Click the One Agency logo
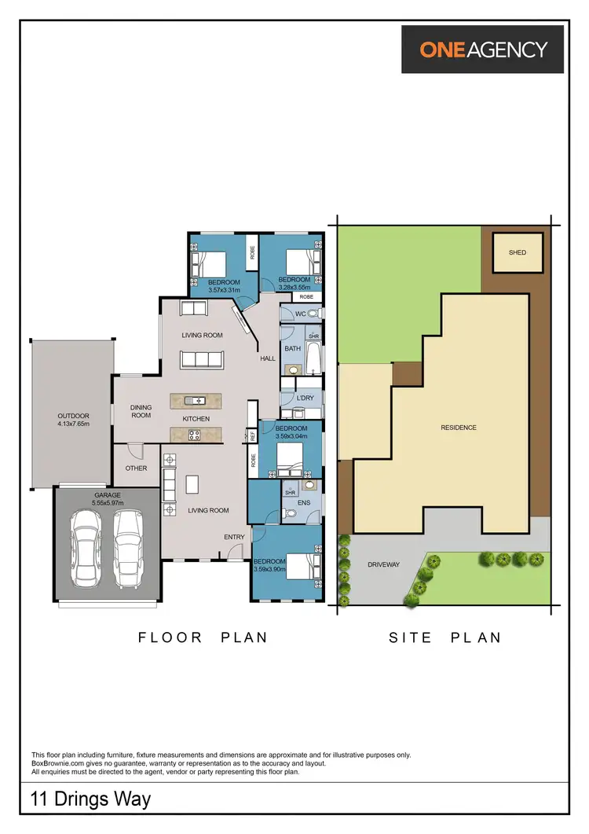[483, 49]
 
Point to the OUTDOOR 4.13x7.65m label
[73, 420]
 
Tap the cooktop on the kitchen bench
[192, 433]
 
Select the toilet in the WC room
[312, 314]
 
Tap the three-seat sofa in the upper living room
[202, 360]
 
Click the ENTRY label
[234, 537]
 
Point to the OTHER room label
[136, 468]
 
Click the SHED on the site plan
[517, 252]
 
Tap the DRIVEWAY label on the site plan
[384, 564]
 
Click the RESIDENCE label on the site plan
[458, 428]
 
